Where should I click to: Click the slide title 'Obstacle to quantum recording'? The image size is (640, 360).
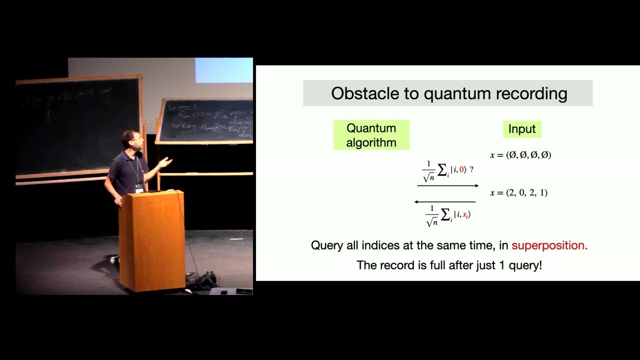tap(448, 93)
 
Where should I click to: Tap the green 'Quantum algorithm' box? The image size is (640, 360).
tap(371, 135)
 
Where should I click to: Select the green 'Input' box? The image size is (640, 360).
tap(521, 129)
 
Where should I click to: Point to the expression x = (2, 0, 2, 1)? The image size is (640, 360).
tap(518, 193)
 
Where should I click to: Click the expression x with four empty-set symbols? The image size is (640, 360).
tap(520, 155)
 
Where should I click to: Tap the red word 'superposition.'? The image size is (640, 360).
tap(549, 245)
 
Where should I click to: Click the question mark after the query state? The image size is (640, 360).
tap(471, 170)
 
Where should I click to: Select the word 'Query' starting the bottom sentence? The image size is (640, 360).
tap(326, 245)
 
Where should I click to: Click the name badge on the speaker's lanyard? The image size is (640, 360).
tap(139, 188)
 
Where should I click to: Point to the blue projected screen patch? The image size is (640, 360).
tap(223, 70)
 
